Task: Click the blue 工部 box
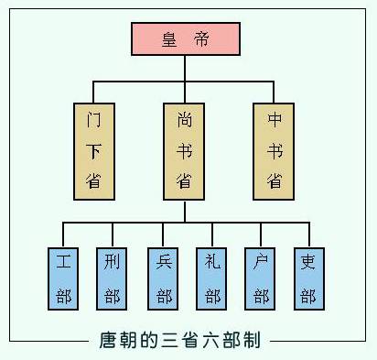coord(63,278)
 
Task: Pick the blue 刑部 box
coord(112,278)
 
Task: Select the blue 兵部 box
coord(163,278)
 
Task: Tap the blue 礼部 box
coord(212,278)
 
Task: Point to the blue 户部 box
coord(261,278)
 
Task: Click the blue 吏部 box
coord(308,278)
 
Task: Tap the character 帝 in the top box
coord(201,38)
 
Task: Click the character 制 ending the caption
coord(253,341)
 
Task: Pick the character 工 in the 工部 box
coord(63,261)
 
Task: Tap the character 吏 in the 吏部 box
coord(308,261)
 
